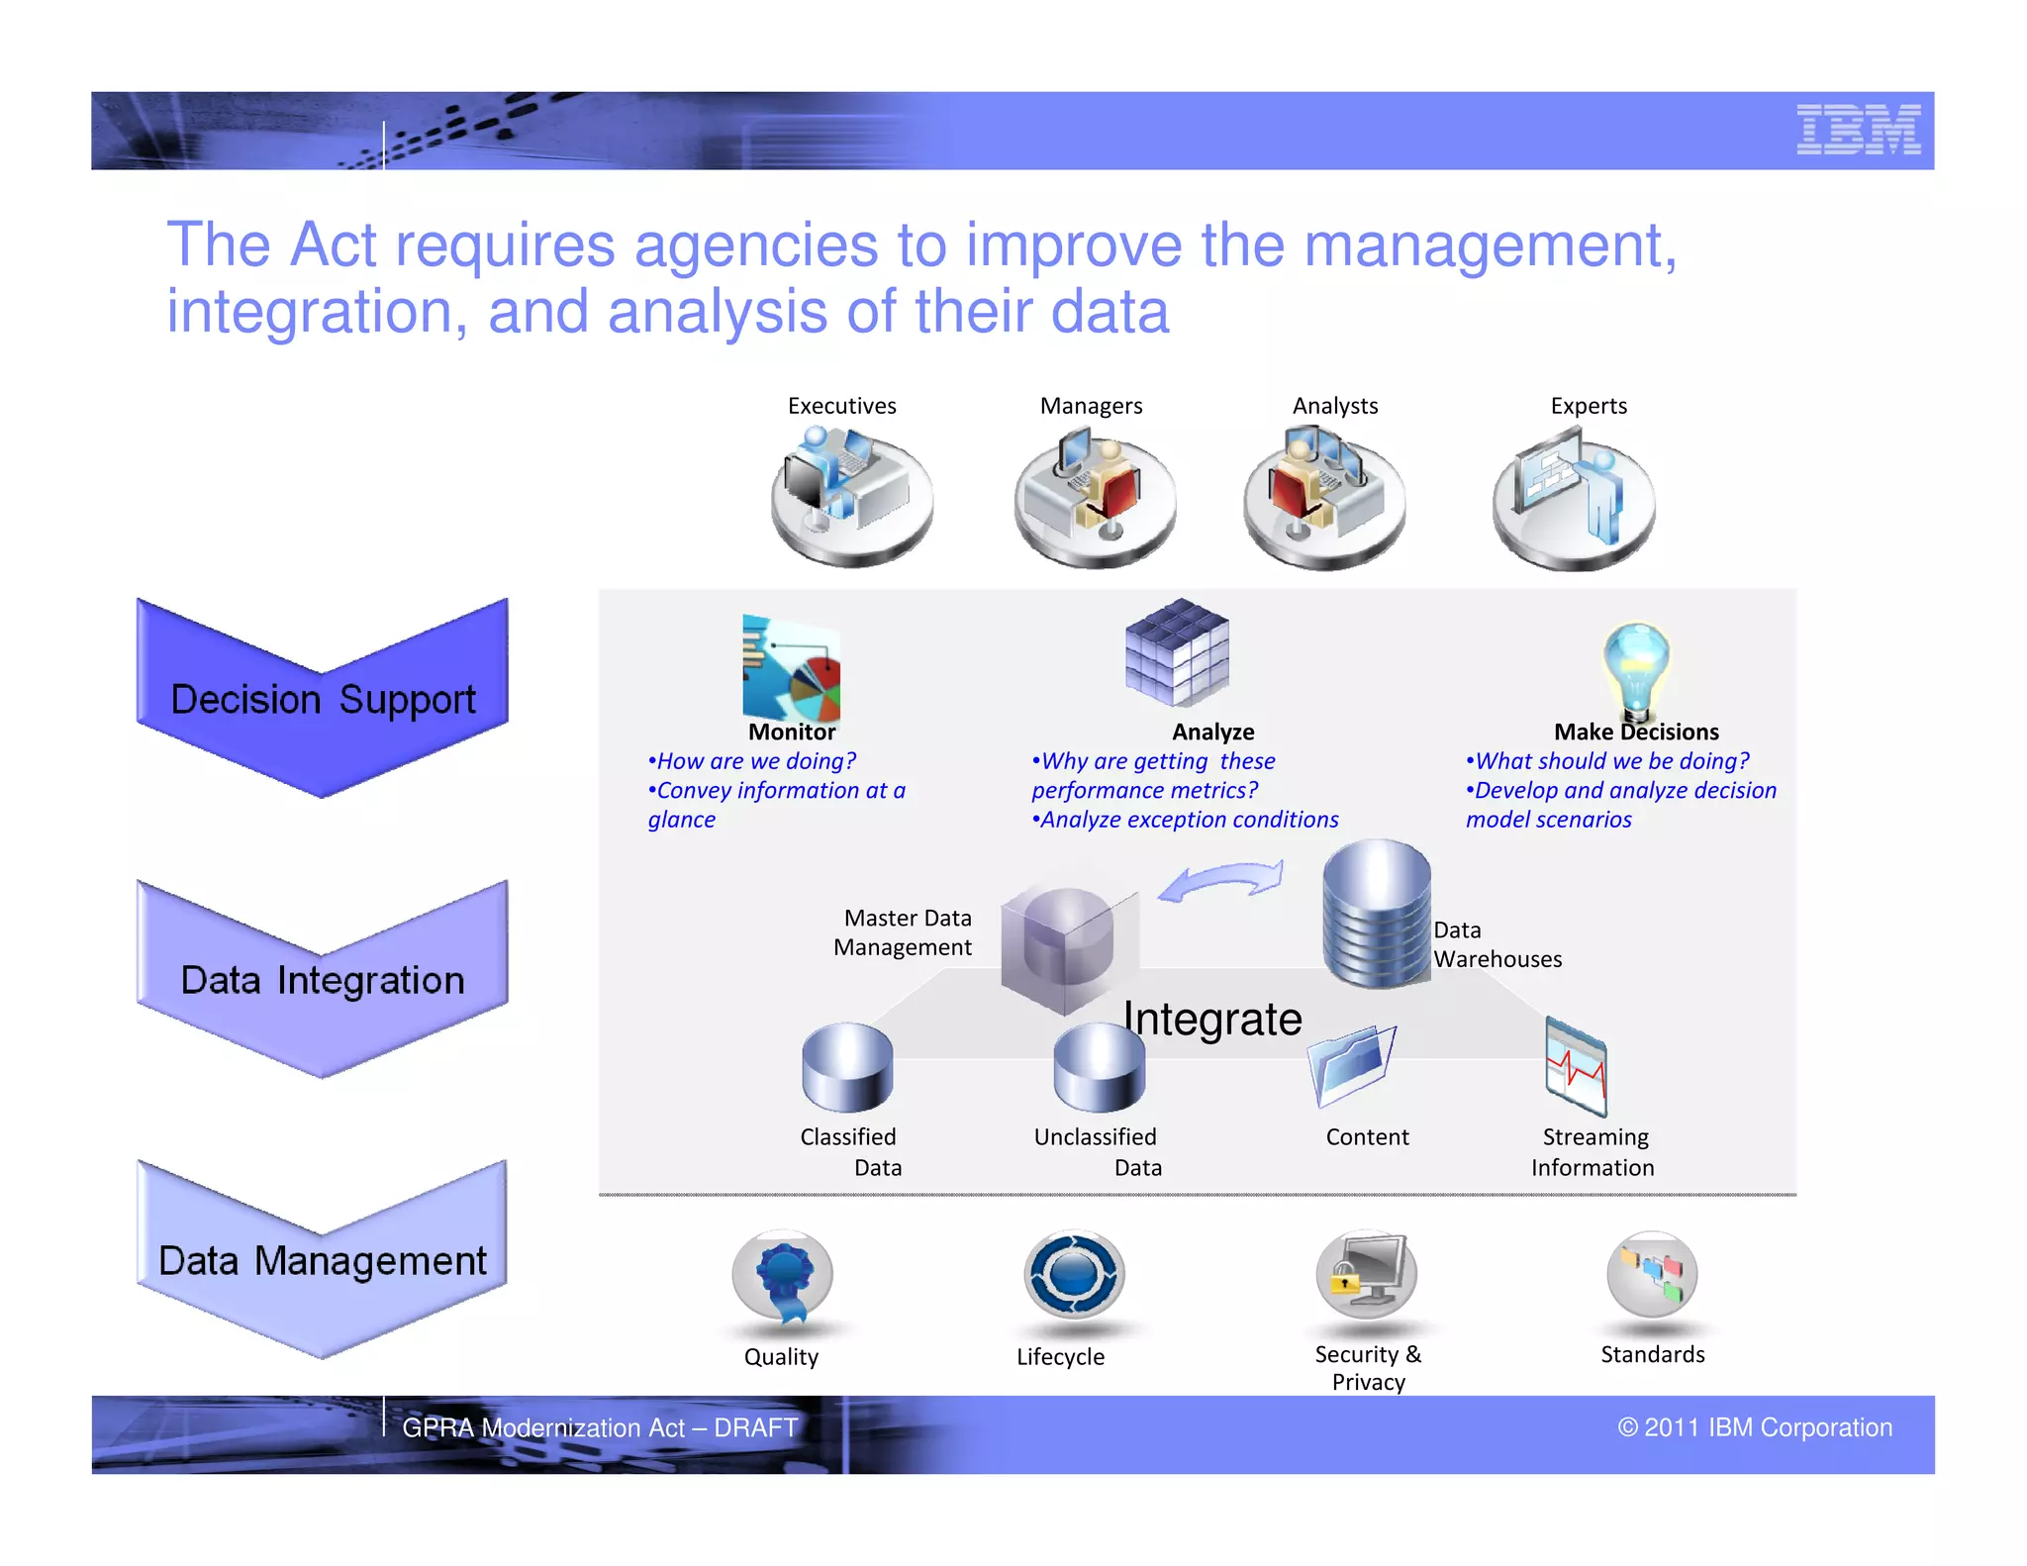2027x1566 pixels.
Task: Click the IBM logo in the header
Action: tap(1858, 130)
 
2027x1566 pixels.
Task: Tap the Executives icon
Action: tap(850, 494)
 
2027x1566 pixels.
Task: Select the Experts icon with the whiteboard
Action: tap(1573, 498)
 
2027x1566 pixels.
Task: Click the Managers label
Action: tap(1091, 406)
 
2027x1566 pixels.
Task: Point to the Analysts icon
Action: tap(1323, 495)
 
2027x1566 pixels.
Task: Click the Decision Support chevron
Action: tap(323, 699)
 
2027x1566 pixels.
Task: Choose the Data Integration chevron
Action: tap(323, 979)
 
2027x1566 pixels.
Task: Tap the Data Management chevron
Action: tap(323, 1259)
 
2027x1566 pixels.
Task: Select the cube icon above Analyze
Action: tap(1177, 652)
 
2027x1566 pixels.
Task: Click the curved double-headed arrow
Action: tap(1221, 880)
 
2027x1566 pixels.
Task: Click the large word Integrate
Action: tap(1212, 1019)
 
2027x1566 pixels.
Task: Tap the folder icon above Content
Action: tap(1351, 1065)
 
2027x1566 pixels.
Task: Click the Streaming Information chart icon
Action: tap(1576, 1067)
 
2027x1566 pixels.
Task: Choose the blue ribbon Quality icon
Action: tap(782, 1277)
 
